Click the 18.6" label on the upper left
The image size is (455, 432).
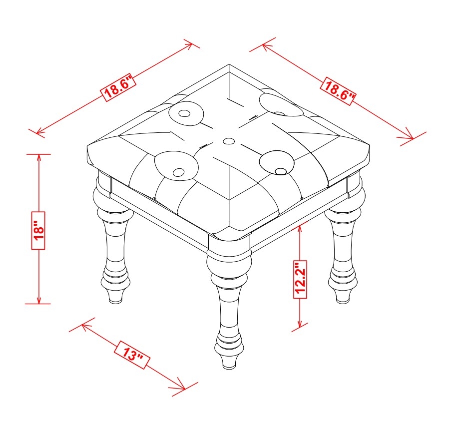118,87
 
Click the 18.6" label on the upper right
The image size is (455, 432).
338,91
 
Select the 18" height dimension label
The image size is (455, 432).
38,230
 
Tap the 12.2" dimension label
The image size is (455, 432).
300,279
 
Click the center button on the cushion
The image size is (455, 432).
229,141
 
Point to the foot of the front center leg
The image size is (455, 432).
229,362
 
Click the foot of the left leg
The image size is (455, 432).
116,297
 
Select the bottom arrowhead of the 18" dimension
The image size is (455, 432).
38,300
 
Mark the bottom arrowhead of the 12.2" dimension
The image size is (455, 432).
300,324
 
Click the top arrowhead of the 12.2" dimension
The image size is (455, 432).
300,229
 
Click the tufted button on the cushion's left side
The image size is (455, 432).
183,113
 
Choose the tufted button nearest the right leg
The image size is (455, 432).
280,171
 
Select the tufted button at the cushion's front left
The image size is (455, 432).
178,172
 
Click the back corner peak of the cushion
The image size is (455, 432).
229,65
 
